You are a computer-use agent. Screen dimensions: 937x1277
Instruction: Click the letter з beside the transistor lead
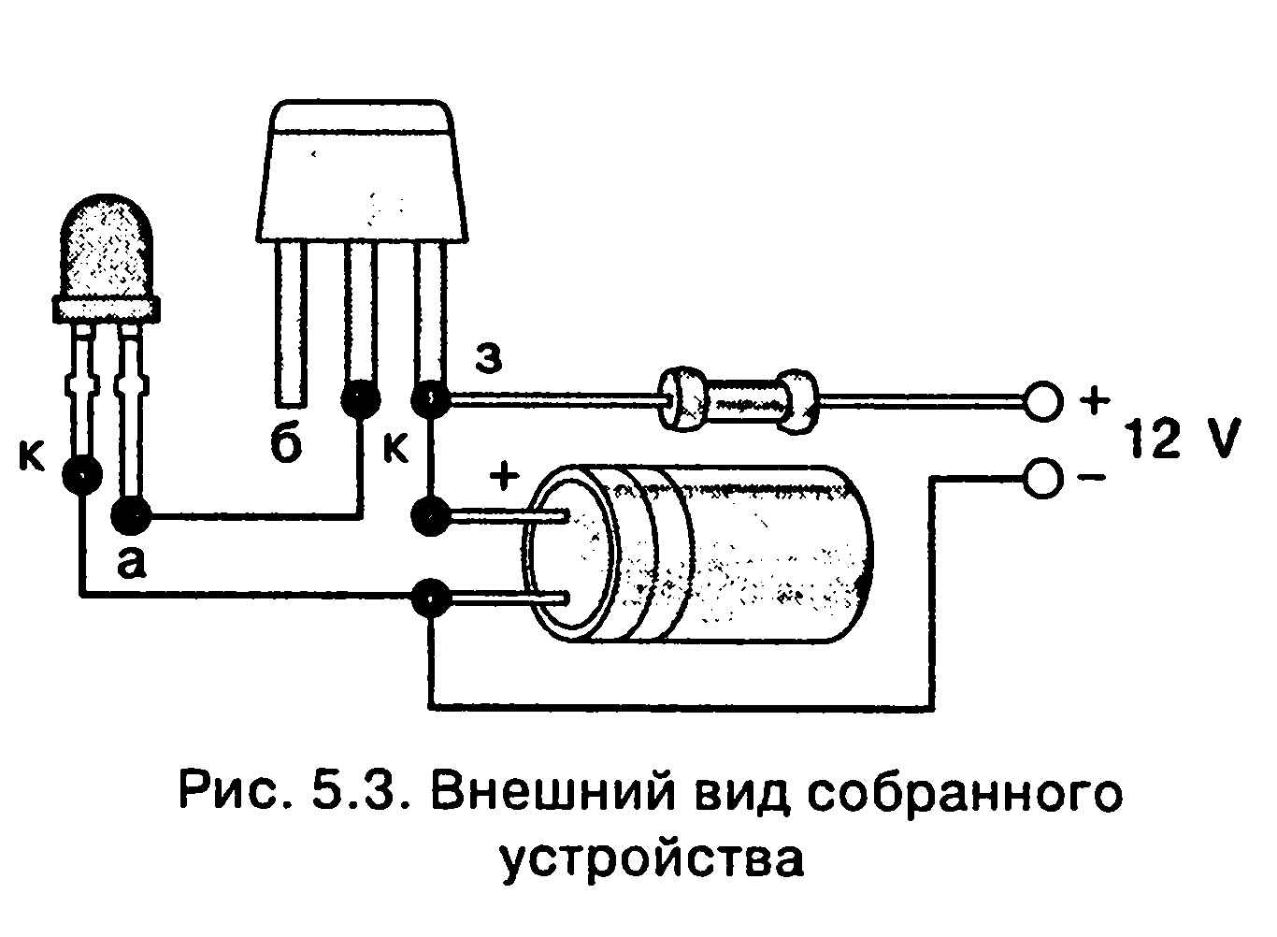pos(489,357)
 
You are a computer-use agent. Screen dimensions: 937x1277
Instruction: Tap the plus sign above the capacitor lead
pos(504,476)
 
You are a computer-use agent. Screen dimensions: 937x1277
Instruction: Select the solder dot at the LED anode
pos(131,514)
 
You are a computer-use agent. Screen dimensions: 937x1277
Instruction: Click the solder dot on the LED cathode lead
pos(82,475)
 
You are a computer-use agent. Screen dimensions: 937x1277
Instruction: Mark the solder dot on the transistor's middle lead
pos(360,400)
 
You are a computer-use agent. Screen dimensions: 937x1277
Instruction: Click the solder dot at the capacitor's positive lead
pos(431,515)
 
